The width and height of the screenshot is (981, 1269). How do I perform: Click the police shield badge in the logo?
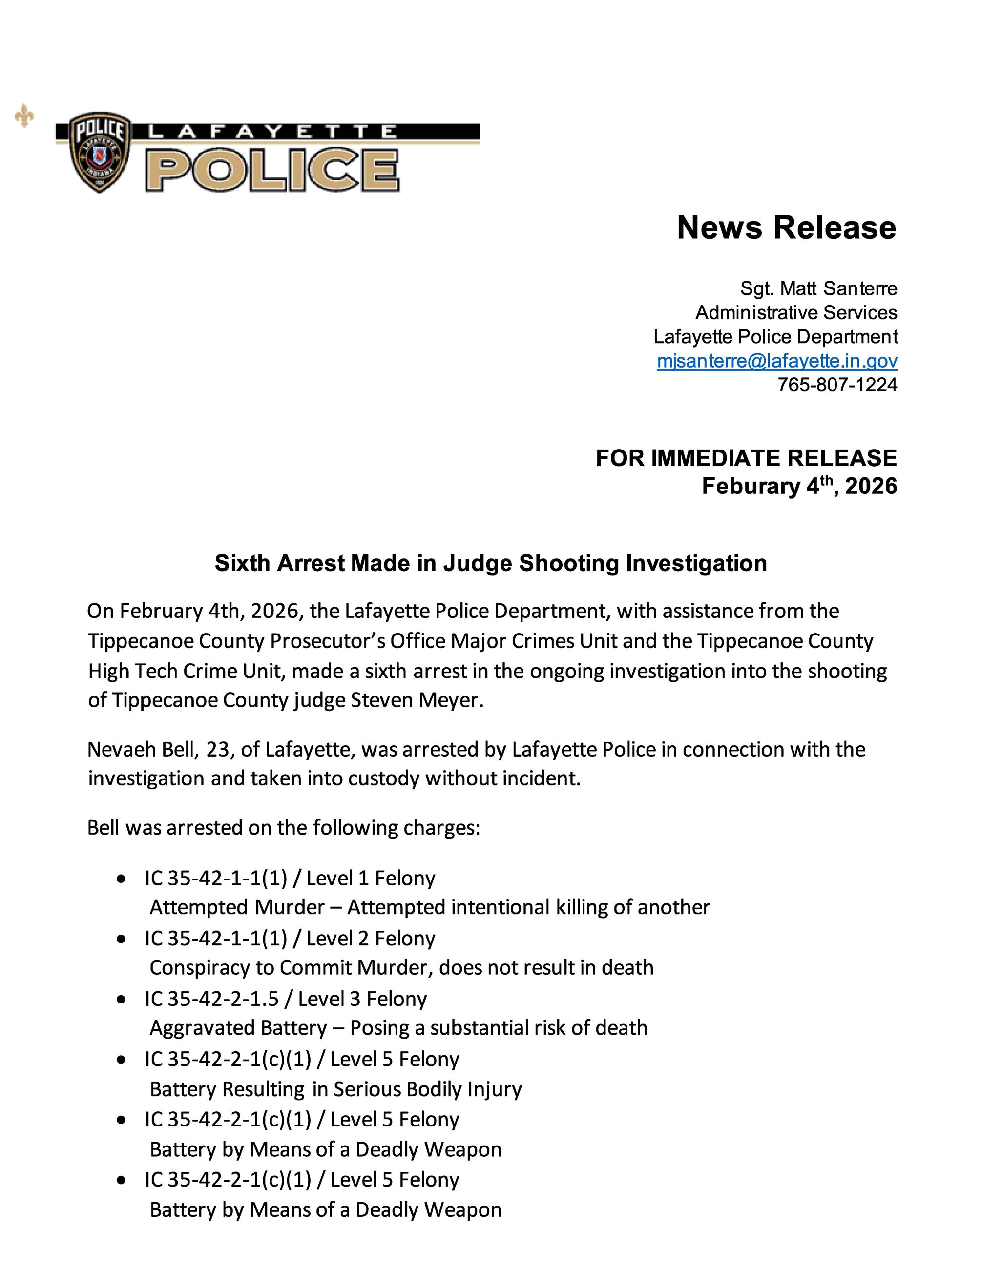pos(99,152)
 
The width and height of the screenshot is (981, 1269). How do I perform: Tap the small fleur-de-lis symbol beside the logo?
pos(24,116)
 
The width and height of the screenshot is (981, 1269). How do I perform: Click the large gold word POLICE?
pos(272,170)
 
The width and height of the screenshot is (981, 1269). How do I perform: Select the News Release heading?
pos(786,227)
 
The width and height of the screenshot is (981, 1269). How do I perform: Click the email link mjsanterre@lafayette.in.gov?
pos(777,361)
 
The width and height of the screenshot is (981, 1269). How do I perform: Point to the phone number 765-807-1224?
pos(837,385)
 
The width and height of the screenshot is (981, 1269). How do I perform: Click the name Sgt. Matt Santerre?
pos(818,288)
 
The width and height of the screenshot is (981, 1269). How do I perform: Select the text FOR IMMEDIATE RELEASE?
pos(746,458)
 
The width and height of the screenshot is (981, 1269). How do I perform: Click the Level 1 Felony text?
pos(371,878)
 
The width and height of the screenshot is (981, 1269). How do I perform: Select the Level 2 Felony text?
pos(371,939)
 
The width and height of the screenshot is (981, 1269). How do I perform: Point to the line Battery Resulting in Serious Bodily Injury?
pos(336,1088)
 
